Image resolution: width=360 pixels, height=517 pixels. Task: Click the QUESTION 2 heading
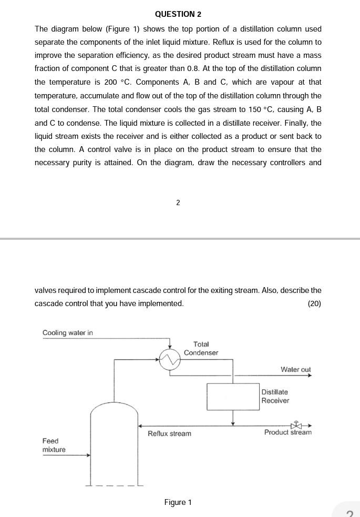178,14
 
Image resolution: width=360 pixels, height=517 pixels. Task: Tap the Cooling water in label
67,332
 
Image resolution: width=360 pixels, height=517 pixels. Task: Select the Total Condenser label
201,348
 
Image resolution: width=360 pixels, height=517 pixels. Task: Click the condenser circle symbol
170,360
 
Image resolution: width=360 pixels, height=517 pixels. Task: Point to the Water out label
295,369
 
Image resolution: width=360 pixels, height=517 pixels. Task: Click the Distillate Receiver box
233,397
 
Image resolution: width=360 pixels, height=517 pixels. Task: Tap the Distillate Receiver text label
275,396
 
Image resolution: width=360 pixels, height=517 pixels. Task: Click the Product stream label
287,432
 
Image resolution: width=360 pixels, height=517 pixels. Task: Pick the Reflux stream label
169,433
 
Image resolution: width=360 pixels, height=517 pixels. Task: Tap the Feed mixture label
54,445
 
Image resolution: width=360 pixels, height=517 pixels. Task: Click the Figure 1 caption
178,502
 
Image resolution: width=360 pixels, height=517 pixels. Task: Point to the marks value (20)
314,303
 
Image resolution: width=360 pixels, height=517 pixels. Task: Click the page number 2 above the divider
178,202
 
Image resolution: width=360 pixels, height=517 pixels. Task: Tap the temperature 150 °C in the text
260,109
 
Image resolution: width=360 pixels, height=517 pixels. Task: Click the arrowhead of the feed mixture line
89,455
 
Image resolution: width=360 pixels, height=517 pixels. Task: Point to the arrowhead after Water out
310,376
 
